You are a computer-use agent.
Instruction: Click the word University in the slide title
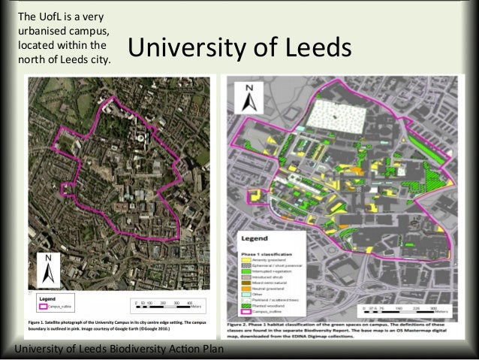coord(185,48)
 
